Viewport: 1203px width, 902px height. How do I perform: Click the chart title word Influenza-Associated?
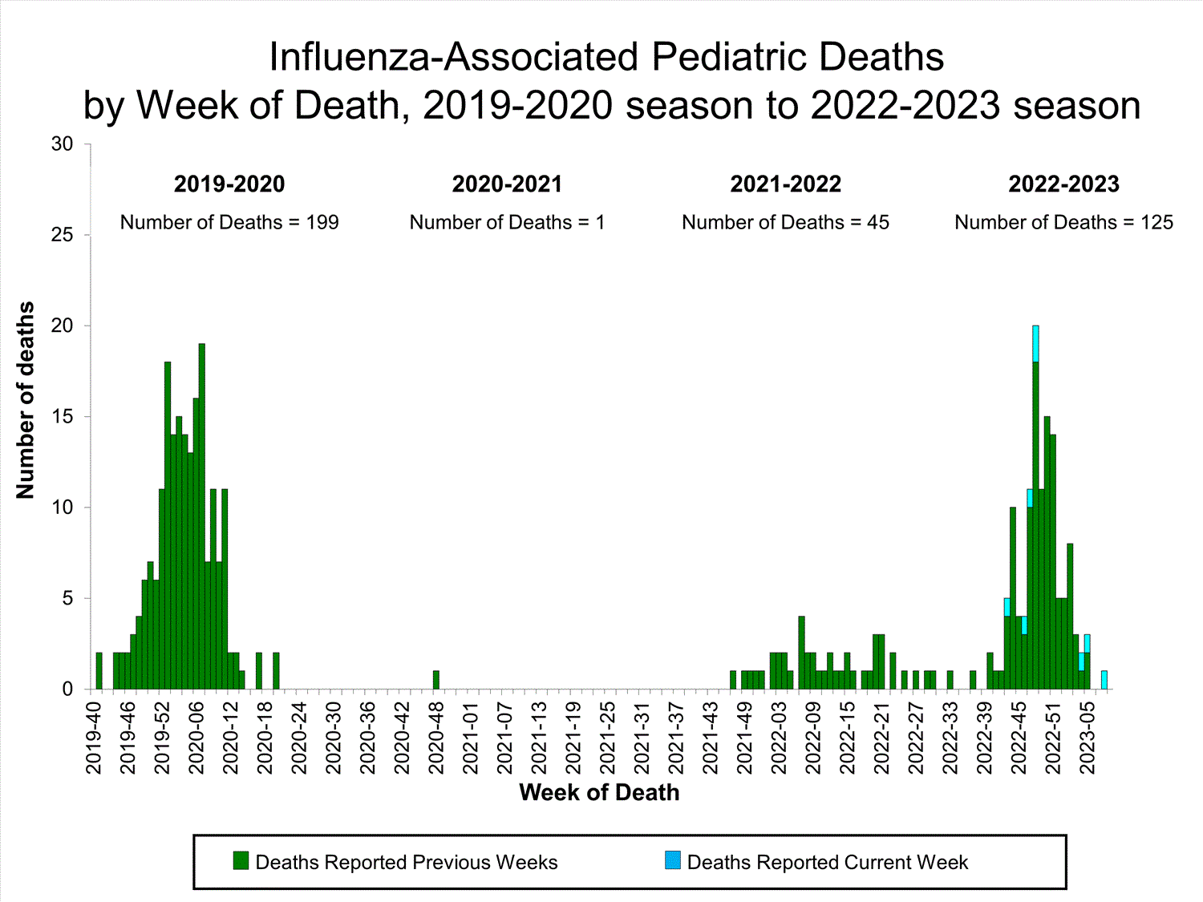point(453,58)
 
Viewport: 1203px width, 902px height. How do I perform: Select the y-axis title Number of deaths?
point(26,400)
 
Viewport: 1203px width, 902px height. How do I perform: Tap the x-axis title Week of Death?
point(599,793)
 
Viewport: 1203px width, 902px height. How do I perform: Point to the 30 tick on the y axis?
point(62,144)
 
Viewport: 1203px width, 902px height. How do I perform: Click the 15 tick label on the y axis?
point(62,417)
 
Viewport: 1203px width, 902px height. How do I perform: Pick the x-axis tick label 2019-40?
point(94,738)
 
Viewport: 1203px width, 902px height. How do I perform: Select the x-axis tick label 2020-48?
point(436,738)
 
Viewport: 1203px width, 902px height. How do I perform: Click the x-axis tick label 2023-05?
point(1088,738)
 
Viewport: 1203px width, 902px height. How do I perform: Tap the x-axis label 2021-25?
point(608,738)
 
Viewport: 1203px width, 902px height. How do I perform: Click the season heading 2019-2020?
point(229,184)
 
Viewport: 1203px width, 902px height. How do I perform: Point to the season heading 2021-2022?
point(785,184)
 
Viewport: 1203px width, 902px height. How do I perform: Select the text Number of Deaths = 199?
point(229,223)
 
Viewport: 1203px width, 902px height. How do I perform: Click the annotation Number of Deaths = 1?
point(507,223)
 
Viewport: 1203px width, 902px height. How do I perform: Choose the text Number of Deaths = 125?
point(1063,223)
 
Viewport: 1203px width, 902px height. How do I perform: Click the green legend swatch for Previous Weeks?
point(241,861)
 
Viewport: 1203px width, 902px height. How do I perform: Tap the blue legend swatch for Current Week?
point(672,861)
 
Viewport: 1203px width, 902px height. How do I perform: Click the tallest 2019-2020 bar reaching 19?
point(202,513)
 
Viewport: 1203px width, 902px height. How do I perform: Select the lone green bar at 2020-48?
point(436,680)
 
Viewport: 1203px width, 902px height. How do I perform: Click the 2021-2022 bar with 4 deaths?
point(801,653)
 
